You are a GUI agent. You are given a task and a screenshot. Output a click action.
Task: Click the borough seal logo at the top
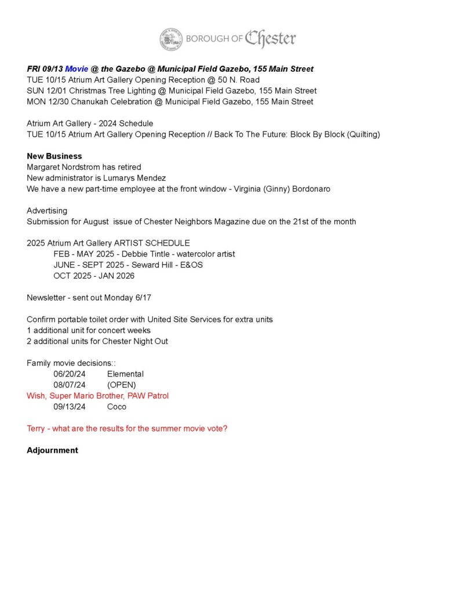tap(171, 39)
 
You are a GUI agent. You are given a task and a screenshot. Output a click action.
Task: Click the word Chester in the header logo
tap(270, 39)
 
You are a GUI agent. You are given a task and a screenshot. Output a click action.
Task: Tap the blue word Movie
tap(76, 69)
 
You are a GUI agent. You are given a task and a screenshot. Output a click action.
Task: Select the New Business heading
tap(54, 156)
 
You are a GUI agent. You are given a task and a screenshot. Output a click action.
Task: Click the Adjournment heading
tap(52, 450)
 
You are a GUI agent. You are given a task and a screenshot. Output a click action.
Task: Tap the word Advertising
tap(47, 211)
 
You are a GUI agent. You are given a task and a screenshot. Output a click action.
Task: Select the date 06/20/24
tap(70, 374)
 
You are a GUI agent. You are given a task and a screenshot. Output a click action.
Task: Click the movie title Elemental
tap(125, 374)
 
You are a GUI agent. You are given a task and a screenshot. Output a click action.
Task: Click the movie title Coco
tap(116, 407)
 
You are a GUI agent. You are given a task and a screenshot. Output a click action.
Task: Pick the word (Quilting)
tap(361, 134)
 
